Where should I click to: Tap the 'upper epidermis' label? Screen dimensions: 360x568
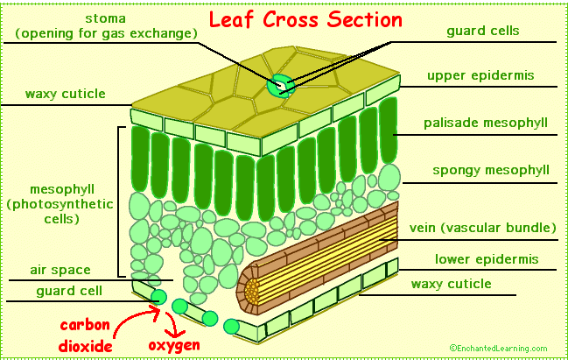click(480, 75)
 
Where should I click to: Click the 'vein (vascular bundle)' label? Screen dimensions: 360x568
click(483, 229)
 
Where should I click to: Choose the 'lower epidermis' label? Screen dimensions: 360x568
click(486, 259)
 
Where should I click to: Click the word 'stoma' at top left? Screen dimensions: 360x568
click(105, 18)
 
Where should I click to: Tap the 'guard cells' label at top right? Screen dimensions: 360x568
click(482, 31)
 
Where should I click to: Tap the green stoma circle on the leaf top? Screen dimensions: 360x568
click(280, 86)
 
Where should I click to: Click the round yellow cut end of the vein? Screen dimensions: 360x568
click(253, 288)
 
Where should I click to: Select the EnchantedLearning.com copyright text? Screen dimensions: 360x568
click(498, 348)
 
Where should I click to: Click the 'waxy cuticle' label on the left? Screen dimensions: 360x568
click(65, 94)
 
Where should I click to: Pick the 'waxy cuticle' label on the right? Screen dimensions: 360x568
click(451, 284)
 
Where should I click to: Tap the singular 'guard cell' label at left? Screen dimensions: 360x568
click(69, 291)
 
